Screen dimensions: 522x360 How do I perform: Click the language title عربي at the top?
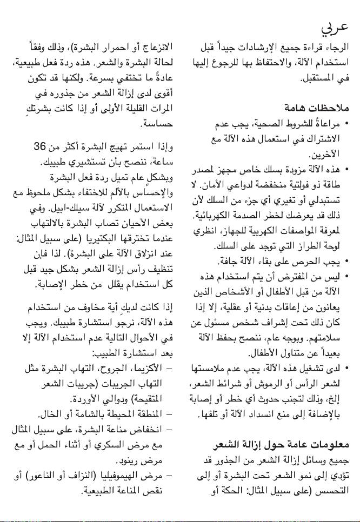point(337,25)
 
